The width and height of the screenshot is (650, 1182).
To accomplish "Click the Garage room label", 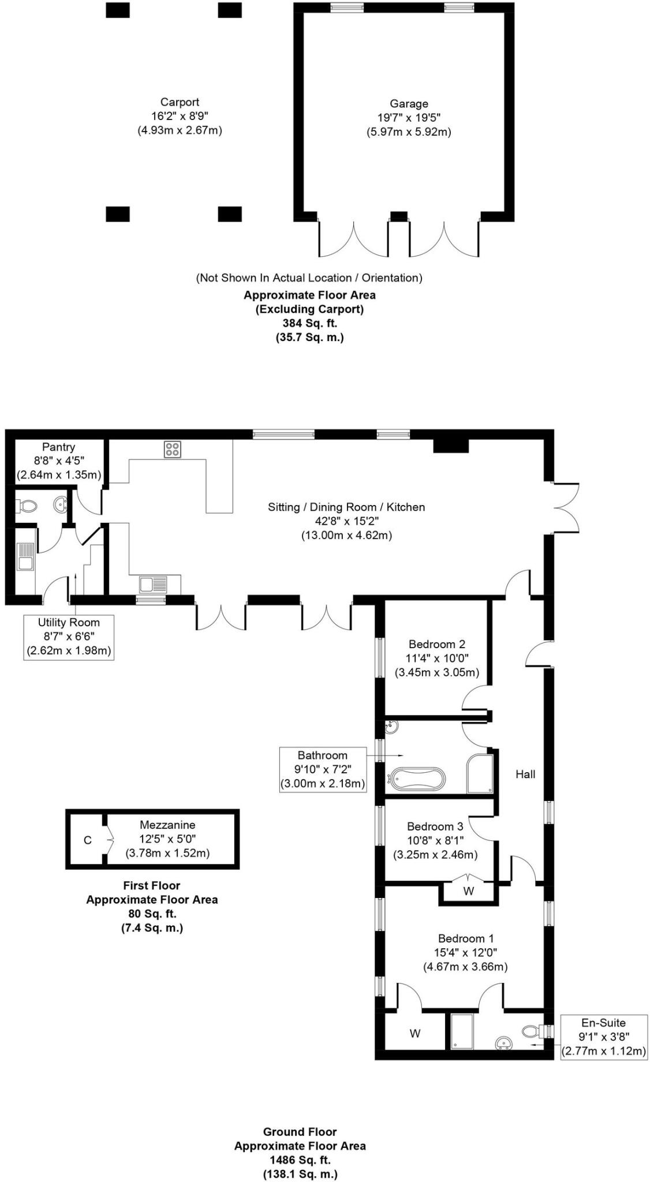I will click(x=409, y=104).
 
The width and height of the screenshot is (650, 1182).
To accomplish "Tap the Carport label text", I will click(x=180, y=102).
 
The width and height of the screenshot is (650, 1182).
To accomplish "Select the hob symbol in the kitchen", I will click(x=173, y=449).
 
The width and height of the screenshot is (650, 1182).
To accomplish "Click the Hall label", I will click(x=525, y=775).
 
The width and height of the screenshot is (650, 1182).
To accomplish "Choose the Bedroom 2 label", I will click(x=436, y=644).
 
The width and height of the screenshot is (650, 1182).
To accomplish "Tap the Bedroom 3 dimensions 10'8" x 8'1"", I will click(x=435, y=840).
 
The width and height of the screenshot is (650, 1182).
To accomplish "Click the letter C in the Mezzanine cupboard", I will click(x=88, y=840).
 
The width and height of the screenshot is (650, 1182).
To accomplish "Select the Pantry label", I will click(x=58, y=447).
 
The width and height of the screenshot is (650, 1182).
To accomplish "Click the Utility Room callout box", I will click(x=69, y=637).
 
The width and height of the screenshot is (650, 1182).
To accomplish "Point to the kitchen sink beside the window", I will click(x=153, y=584).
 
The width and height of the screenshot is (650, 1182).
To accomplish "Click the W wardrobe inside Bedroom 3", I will click(x=468, y=891).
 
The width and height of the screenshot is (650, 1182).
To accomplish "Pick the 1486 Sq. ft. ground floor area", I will click(x=300, y=1159).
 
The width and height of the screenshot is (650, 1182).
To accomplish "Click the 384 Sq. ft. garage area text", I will click(x=309, y=323).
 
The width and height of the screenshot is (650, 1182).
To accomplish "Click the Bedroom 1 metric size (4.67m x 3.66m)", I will click(x=465, y=966).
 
